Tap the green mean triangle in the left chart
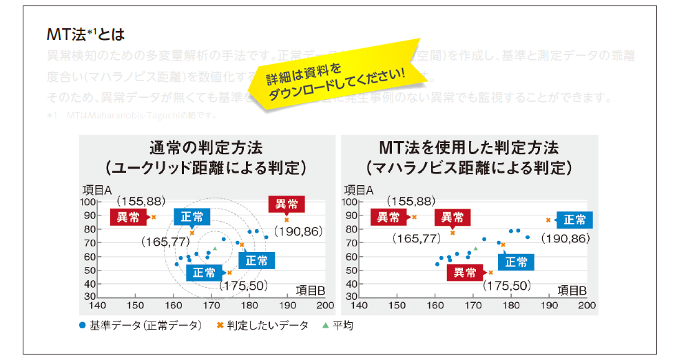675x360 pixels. click(215, 248)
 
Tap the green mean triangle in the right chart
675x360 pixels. click(475, 248)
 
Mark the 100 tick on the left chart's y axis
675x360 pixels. click(89, 202)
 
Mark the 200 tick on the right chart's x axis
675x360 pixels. click(586, 305)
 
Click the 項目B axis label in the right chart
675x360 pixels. click(572, 289)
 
